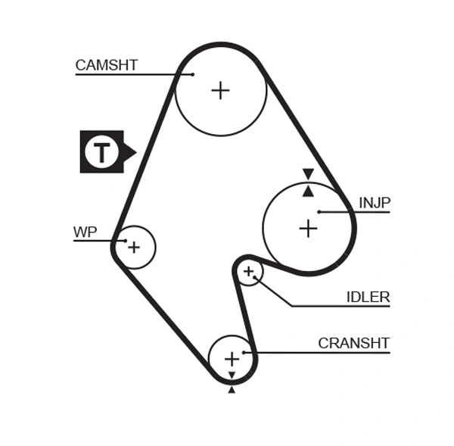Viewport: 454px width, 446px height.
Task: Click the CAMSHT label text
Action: (106, 65)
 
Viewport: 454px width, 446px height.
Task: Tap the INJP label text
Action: (375, 203)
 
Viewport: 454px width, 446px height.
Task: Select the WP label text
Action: (85, 232)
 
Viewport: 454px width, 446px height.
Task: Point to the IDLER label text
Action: (368, 297)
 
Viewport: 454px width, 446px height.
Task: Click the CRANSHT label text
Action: (353, 343)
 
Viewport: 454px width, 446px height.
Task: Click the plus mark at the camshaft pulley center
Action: (220, 91)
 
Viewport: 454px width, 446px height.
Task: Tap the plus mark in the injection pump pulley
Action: (308, 228)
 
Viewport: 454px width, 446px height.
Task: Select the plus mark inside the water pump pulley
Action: (134, 247)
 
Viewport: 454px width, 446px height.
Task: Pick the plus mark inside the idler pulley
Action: (248, 271)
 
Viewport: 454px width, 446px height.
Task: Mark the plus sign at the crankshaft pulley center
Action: (232, 358)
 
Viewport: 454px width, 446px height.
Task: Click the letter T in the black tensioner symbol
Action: (101, 152)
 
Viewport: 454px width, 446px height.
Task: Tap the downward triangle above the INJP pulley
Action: (308, 174)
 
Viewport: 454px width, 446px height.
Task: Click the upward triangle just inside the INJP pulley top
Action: (308, 192)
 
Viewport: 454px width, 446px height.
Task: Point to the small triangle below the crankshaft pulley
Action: (232, 389)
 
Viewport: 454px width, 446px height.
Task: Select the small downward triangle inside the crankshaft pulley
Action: (232, 375)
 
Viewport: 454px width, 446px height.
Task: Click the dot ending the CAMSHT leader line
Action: (192, 74)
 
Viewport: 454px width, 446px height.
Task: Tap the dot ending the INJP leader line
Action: (319, 212)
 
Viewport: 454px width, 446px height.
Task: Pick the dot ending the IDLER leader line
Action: (256, 279)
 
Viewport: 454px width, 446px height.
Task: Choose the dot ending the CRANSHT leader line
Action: (244, 352)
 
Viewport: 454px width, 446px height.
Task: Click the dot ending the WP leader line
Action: (125, 241)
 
